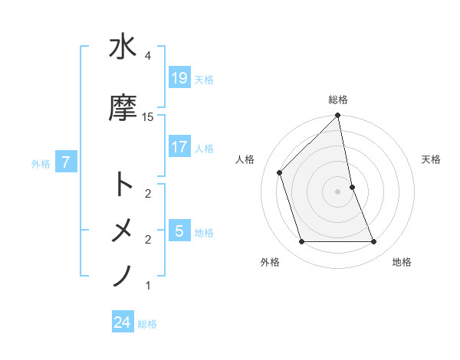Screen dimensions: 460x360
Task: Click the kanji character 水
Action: coord(123,47)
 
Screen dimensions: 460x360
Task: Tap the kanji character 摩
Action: coord(123,108)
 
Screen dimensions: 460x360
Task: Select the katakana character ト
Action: coord(123,184)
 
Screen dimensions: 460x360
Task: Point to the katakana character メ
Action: coord(123,230)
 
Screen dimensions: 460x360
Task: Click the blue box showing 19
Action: coord(179,77)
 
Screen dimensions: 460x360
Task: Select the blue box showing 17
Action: coord(179,146)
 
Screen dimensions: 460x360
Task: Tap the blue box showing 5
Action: coord(179,231)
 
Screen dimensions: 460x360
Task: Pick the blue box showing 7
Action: coord(66,162)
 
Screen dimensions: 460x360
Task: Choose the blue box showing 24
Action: coord(123,322)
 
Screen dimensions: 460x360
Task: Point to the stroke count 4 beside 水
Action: coord(147,56)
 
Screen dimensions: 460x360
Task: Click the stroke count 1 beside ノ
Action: coord(147,286)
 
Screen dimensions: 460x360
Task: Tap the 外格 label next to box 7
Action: coord(41,163)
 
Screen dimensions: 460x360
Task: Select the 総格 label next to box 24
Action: coord(147,324)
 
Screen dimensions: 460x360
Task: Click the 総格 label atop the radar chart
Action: coord(338,100)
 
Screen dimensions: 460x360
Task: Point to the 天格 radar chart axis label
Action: coord(432,159)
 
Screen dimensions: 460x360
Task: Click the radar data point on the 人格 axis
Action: coord(280,172)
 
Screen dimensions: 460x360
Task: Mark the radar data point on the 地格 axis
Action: coord(374,242)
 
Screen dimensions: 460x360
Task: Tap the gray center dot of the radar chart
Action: coord(338,191)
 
